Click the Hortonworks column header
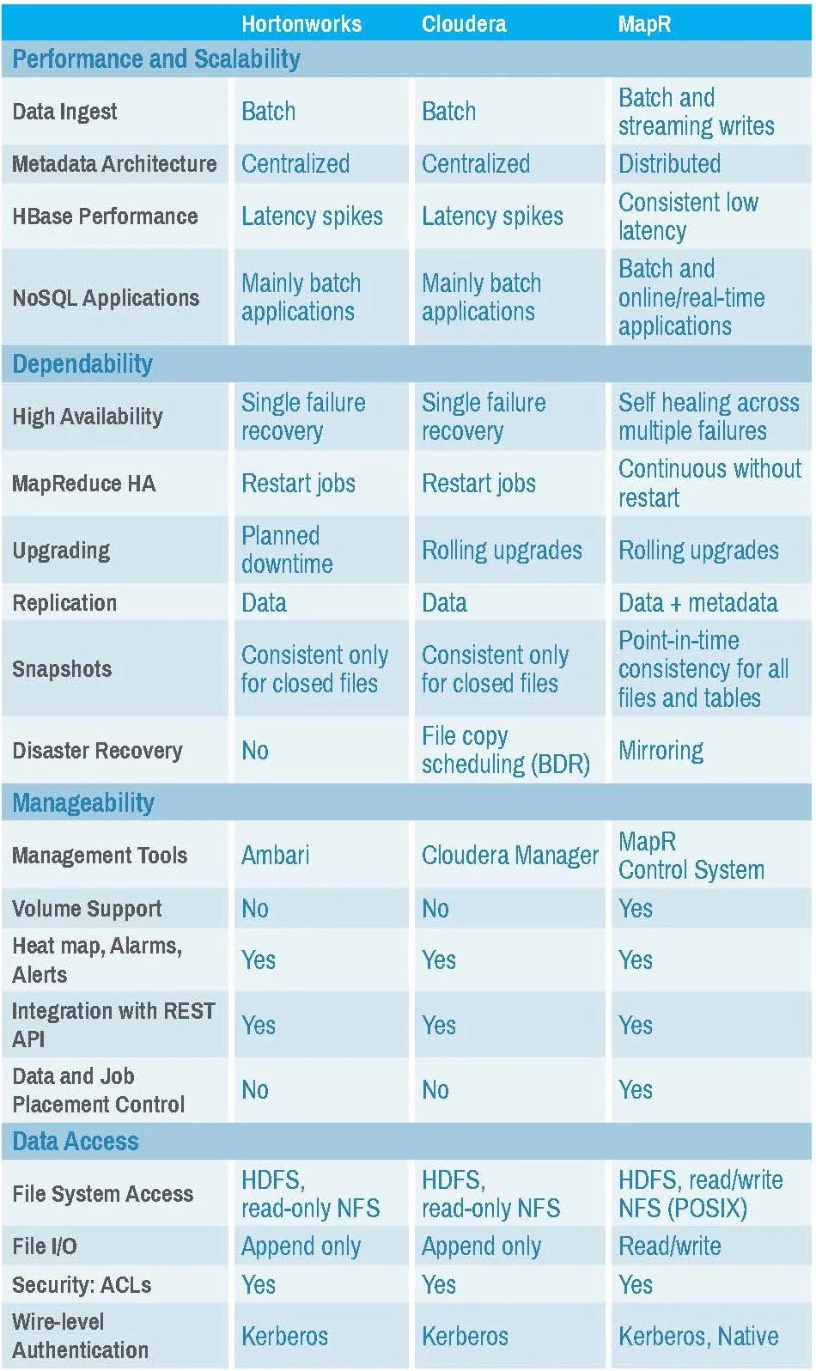click(x=301, y=23)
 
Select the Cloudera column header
click(x=464, y=23)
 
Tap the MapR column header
click(x=644, y=23)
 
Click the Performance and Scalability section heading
click(x=156, y=59)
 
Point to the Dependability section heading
click(x=82, y=364)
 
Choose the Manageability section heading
click(x=83, y=803)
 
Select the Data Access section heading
click(x=76, y=1142)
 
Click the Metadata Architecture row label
click(x=114, y=164)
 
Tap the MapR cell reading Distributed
click(x=670, y=164)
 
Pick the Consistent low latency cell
click(x=689, y=216)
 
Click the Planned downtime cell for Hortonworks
click(x=287, y=550)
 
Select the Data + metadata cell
click(x=698, y=603)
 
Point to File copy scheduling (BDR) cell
click(x=505, y=750)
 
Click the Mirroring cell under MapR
click(x=661, y=751)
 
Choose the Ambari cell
click(x=276, y=856)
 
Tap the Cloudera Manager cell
click(x=510, y=856)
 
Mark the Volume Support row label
click(x=87, y=909)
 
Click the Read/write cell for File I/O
click(x=670, y=1246)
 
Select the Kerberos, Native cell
click(x=698, y=1337)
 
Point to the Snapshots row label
click(x=62, y=669)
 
